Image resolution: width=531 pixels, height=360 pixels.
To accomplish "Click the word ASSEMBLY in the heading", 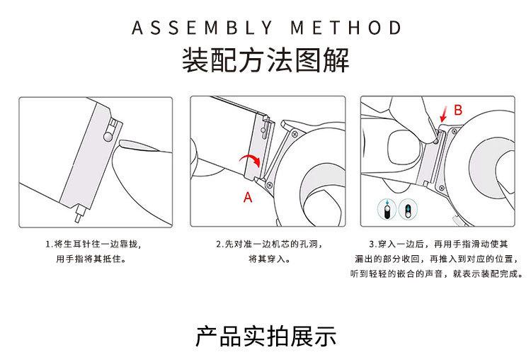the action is [x=202, y=28].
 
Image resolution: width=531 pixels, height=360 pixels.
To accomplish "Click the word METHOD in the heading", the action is [x=346, y=28].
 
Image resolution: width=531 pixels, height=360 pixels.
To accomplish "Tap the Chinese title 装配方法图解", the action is [x=265, y=60].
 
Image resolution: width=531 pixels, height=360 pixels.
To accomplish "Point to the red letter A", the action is [x=248, y=197].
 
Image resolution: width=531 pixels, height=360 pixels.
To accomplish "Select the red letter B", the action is [x=458, y=110].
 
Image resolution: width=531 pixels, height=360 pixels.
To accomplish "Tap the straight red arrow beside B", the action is [x=444, y=114].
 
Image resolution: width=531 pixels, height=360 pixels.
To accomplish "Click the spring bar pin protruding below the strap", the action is [x=79, y=213].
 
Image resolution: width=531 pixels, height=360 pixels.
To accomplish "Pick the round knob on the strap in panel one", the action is [x=108, y=136].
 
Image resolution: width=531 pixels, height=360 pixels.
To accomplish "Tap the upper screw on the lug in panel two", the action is [x=295, y=134].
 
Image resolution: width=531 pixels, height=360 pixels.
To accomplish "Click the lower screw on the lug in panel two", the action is [x=270, y=185].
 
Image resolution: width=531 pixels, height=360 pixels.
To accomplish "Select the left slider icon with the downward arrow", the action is [x=387, y=209].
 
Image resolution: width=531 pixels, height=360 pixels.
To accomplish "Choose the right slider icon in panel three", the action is [x=408, y=209].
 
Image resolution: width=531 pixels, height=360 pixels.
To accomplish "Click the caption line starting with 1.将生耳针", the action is [x=93, y=244].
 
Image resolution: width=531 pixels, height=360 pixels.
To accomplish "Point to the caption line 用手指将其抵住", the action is [x=91, y=259].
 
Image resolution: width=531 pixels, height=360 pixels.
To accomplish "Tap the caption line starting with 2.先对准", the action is [x=269, y=244].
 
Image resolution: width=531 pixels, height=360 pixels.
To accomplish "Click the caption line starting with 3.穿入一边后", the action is [x=438, y=244].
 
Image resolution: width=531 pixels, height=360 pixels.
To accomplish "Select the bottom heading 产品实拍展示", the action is [x=265, y=336].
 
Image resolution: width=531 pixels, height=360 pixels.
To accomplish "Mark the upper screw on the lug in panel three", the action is [x=454, y=132].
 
